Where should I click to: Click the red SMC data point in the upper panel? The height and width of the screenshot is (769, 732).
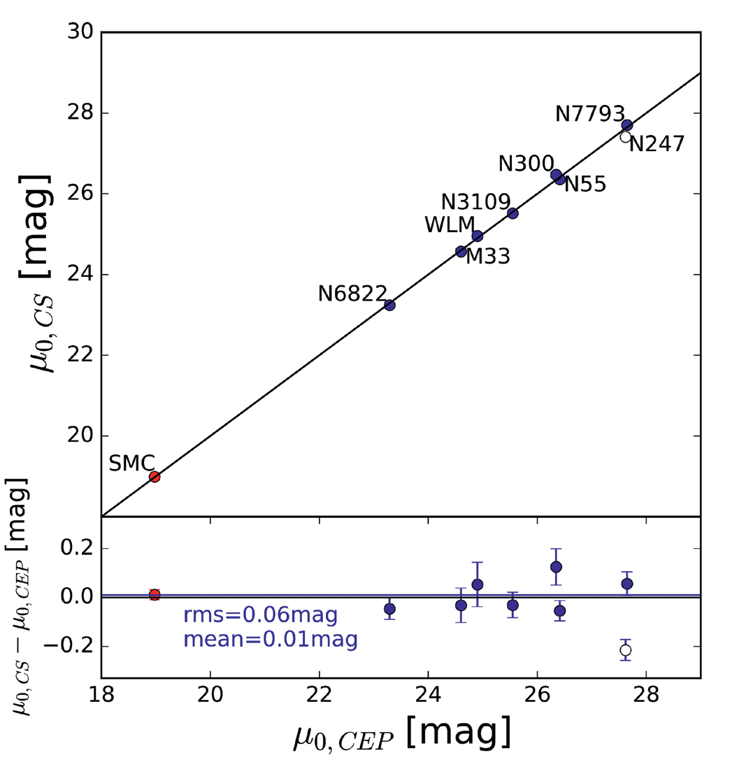click(x=155, y=476)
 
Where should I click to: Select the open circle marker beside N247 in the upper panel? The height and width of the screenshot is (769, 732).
click(x=625, y=137)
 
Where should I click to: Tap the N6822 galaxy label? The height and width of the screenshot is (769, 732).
click(x=352, y=294)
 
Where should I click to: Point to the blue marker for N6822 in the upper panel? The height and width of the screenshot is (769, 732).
click(x=389, y=305)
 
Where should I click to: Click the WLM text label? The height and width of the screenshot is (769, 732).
click(x=450, y=225)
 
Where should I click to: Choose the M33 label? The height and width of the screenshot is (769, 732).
click(x=488, y=256)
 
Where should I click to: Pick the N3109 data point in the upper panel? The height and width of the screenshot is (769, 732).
click(x=512, y=213)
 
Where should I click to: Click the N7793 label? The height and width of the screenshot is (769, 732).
click(x=589, y=114)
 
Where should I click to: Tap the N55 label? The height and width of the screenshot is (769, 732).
click(x=585, y=185)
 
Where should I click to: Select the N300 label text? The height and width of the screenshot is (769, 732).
click(x=526, y=164)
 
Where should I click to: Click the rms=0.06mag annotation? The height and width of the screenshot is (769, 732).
click(x=261, y=615)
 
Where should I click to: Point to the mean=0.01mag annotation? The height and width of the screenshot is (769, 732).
click(x=271, y=640)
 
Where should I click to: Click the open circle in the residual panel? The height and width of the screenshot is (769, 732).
click(x=625, y=650)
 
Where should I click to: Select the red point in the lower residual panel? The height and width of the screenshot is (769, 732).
click(x=155, y=595)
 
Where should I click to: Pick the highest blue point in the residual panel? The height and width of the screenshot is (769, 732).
click(x=556, y=567)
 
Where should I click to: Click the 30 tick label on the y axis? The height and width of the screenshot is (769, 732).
click(x=80, y=32)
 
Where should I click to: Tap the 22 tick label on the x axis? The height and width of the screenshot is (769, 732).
click(x=320, y=694)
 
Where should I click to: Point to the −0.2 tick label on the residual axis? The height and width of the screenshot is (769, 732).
click(x=69, y=646)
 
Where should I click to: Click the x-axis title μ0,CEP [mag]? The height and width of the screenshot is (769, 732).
click(x=402, y=734)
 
